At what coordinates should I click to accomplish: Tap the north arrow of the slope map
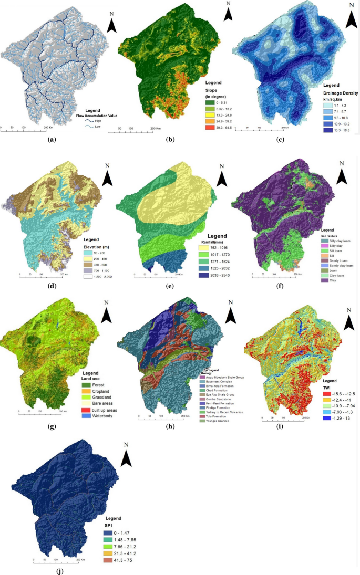click(228, 13)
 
